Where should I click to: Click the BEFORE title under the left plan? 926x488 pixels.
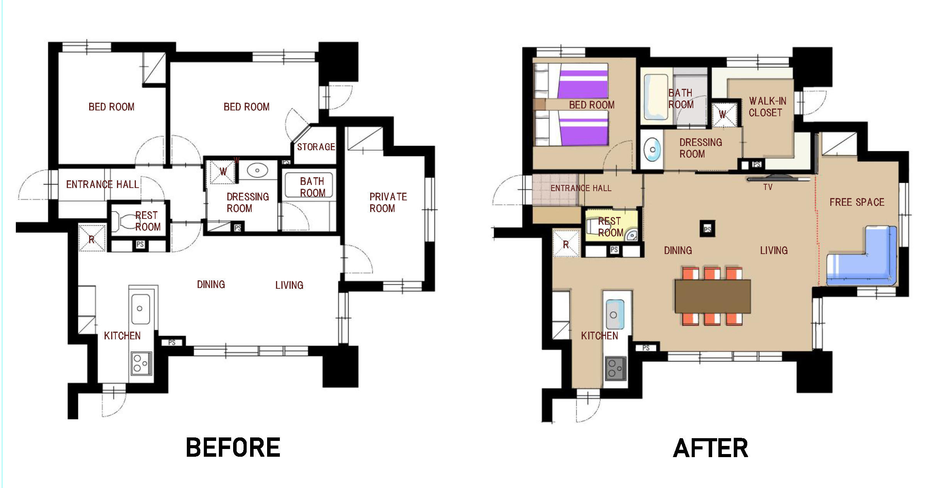coord(233,447)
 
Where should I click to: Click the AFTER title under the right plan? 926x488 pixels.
coord(711,448)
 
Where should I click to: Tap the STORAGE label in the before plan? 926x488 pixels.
coord(316,147)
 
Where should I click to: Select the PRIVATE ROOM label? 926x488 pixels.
coord(388,202)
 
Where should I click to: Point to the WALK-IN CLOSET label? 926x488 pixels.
coord(767,107)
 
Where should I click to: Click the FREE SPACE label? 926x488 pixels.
coord(857,202)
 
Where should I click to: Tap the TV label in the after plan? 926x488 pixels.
coord(768,187)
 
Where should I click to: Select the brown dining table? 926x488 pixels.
coord(713,296)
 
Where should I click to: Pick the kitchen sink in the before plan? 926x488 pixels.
coord(141,309)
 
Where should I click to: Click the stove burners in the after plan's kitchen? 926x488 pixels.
coord(615,368)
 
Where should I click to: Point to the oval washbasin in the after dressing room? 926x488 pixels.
coord(652,149)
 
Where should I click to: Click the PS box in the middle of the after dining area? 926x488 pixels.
coord(707,229)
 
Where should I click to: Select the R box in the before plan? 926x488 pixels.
coord(92,237)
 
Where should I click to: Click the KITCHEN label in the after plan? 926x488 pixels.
coord(599,336)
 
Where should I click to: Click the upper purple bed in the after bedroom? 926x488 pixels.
coord(583,84)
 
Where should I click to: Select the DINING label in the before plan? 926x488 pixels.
coord(211,285)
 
